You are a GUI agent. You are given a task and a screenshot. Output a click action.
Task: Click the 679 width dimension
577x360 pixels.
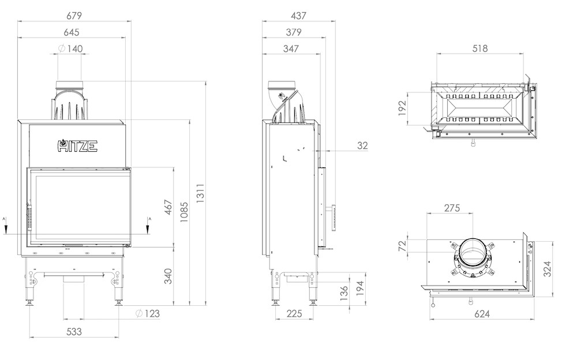click(x=74, y=16)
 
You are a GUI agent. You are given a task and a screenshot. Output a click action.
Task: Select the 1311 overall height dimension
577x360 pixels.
click(x=200, y=193)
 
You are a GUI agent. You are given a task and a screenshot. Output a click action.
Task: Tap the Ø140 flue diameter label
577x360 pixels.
click(x=70, y=48)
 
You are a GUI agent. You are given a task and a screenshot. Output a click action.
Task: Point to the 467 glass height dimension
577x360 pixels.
click(x=168, y=208)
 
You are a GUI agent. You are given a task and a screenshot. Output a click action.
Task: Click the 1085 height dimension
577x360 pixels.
click(x=184, y=212)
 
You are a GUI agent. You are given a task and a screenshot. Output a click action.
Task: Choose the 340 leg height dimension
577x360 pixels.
click(x=168, y=276)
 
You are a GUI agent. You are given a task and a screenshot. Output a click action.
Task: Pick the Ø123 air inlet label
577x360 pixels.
click(x=147, y=313)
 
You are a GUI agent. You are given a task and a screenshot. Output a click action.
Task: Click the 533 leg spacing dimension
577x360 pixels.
click(x=74, y=331)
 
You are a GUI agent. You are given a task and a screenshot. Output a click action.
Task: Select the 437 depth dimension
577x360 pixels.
click(x=298, y=16)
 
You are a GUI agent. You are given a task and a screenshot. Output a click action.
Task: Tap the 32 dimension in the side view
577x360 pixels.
click(x=362, y=145)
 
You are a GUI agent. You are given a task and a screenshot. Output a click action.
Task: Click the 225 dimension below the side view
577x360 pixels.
click(x=294, y=313)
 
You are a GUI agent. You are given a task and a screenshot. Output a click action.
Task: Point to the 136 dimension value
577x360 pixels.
click(x=344, y=294)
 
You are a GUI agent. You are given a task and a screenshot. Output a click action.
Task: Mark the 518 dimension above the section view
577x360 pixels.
click(x=480, y=48)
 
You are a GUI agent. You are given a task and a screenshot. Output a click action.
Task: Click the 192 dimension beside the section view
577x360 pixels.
click(x=402, y=108)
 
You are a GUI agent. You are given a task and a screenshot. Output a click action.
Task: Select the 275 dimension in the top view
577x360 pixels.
click(x=452, y=208)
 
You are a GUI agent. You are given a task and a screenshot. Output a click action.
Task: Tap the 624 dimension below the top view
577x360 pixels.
click(x=482, y=314)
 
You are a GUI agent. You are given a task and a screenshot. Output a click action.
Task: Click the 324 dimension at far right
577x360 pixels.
click(x=548, y=269)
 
